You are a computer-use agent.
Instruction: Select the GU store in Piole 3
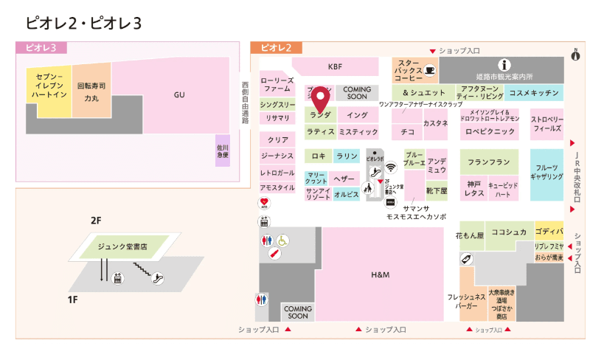(179, 95)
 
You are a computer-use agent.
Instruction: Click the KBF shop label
(336, 65)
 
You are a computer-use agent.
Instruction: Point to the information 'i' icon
(505, 65)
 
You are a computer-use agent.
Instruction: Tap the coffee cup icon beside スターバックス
(430, 70)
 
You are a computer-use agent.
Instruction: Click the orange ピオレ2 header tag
(276, 47)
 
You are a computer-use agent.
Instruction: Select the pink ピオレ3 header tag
(41, 47)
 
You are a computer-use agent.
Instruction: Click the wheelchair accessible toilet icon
(283, 240)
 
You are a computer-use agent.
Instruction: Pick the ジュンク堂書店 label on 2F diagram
(122, 246)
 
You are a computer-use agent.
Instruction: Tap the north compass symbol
(576, 54)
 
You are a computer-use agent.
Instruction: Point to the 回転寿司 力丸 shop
(91, 91)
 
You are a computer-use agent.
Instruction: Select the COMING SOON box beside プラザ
(357, 93)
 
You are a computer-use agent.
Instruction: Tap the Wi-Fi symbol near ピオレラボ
(390, 167)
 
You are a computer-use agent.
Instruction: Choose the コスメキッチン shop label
(535, 92)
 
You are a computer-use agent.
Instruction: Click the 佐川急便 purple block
(223, 151)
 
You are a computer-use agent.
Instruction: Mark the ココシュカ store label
(509, 232)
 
